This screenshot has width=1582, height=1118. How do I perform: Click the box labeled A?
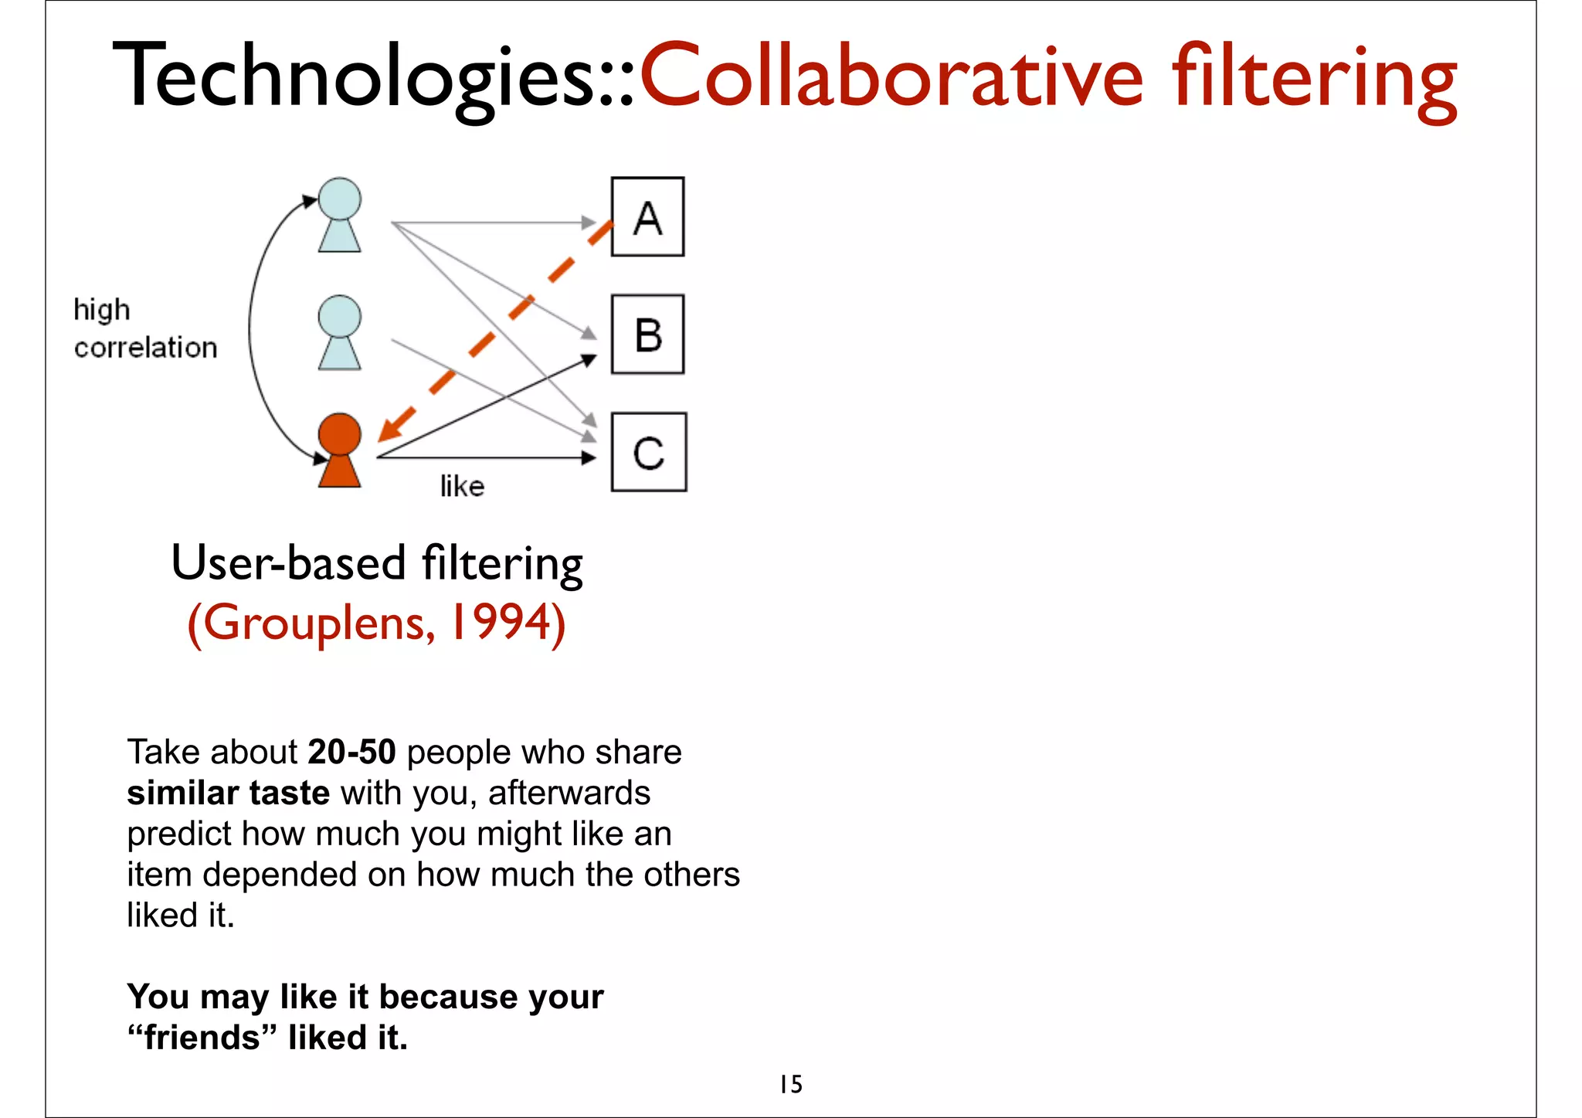647,217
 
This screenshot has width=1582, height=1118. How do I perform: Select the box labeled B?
647,335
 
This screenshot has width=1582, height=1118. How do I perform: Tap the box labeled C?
648,453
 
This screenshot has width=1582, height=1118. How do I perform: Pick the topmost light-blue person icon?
339,215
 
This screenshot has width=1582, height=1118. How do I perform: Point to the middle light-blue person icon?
339,333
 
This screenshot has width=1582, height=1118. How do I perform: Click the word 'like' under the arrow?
462,486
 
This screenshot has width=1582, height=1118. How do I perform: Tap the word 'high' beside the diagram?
102,310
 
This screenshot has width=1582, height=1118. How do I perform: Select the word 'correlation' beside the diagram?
145,348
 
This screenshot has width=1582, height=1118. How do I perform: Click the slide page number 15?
790,1084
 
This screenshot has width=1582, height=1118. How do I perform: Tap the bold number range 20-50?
351,752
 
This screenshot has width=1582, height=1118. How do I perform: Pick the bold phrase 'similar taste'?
229,793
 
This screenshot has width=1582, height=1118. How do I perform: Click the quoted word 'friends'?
202,1038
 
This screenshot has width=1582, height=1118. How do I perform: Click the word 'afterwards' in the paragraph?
569,793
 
